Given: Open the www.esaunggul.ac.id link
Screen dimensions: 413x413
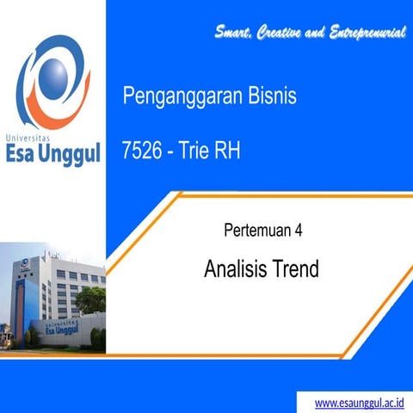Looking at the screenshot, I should click(x=359, y=402).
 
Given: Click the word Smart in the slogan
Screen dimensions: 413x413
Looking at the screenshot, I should click(x=234, y=34).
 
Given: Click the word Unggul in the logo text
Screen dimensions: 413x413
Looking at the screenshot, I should click(x=71, y=156).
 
